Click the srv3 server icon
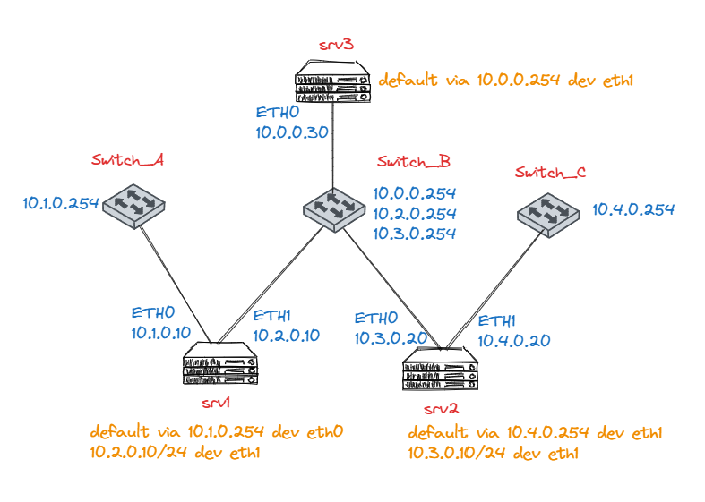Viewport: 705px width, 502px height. [x=332, y=80]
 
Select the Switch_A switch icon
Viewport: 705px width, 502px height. [x=134, y=204]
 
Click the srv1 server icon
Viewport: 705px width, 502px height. [x=220, y=364]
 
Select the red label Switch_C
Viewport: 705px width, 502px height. [x=550, y=173]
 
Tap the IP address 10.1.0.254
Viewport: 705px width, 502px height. [x=60, y=203]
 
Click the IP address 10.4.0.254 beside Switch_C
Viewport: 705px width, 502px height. [x=633, y=210]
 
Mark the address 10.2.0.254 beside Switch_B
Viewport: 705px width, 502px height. [x=415, y=214]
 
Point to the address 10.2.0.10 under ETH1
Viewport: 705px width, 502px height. [x=287, y=336]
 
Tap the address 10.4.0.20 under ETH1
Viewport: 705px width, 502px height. [x=513, y=340]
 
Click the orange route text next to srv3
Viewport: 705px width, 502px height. [x=506, y=81]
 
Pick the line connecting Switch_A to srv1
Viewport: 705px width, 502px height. [x=176, y=281]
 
